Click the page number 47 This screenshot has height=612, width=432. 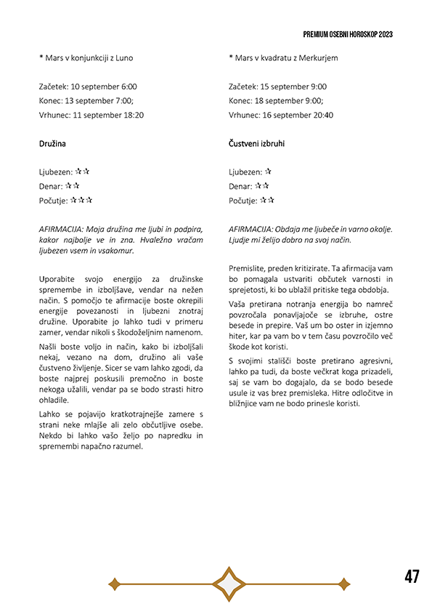(x=412, y=576)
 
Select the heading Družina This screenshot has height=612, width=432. (x=52, y=144)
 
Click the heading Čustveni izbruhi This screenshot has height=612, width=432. (x=256, y=144)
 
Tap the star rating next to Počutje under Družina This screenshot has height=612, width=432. (x=81, y=201)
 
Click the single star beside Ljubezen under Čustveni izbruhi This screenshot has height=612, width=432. (x=268, y=172)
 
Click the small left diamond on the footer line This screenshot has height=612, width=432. (x=113, y=583)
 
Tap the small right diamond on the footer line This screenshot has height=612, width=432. (x=343, y=583)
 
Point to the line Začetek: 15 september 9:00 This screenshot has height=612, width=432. (x=277, y=86)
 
